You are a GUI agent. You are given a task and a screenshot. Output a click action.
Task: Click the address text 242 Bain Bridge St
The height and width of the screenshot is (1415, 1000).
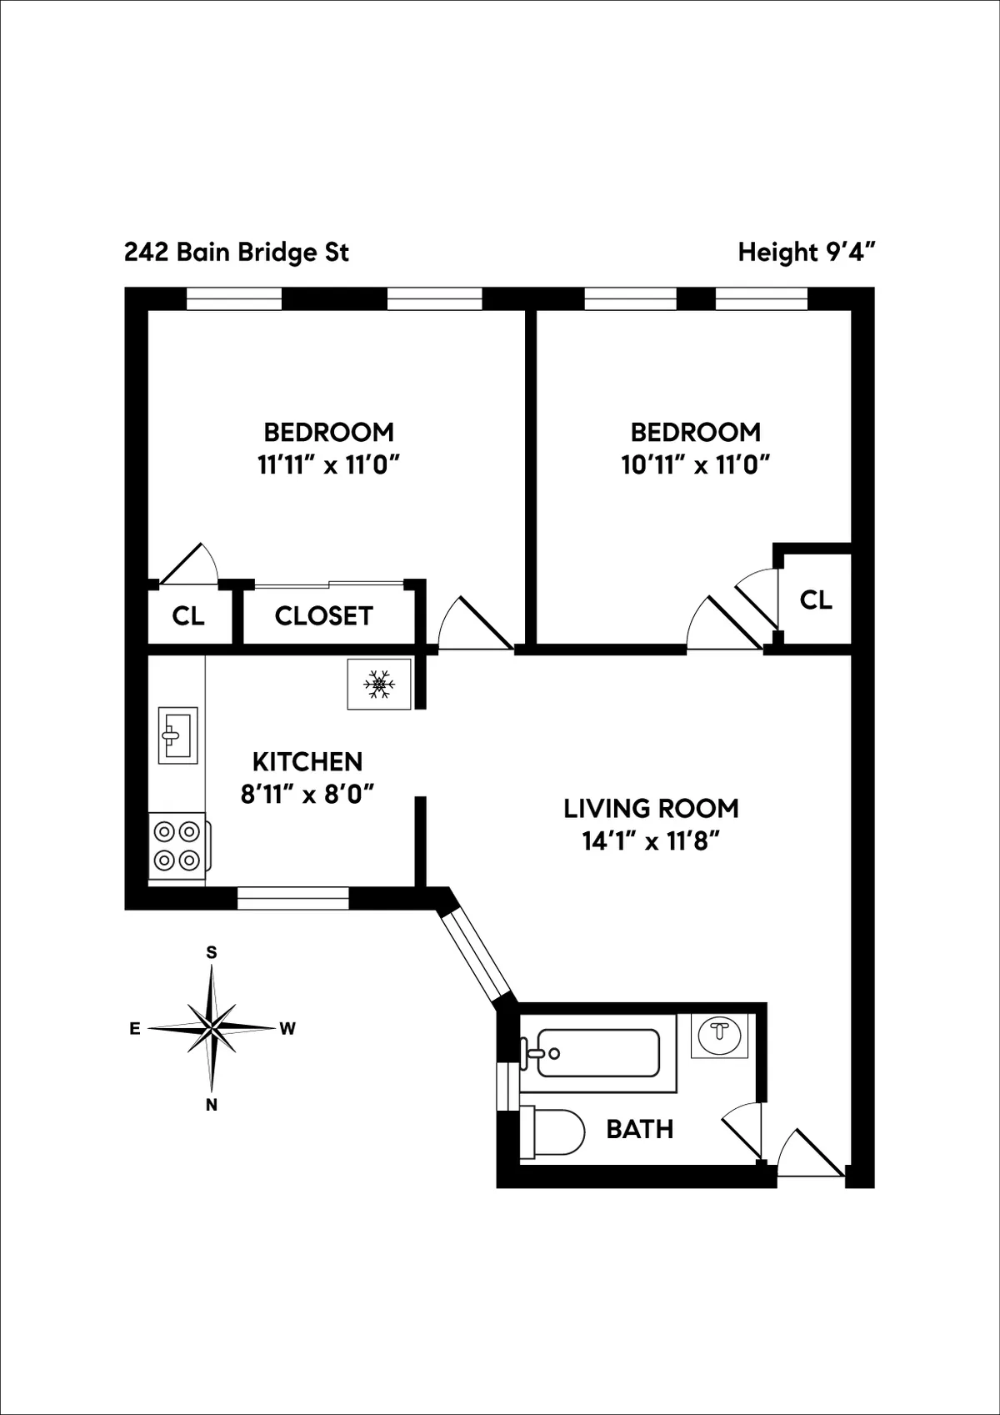click(x=237, y=252)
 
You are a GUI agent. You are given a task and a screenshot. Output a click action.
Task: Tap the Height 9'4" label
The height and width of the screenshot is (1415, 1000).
click(x=806, y=252)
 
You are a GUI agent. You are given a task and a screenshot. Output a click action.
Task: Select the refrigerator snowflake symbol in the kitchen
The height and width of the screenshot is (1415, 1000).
click(x=379, y=684)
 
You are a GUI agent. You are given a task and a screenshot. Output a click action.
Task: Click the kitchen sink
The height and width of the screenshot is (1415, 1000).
click(x=177, y=735)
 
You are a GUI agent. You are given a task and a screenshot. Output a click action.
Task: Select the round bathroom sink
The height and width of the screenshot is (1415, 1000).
click(x=719, y=1035)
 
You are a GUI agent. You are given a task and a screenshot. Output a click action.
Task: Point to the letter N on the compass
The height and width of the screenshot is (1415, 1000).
click(x=212, y=1105)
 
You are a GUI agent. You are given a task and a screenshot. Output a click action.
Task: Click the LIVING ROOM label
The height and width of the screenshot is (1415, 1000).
click(x=651, y=808)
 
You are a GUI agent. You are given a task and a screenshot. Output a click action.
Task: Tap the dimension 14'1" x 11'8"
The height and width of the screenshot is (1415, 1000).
click(x=651, y=841)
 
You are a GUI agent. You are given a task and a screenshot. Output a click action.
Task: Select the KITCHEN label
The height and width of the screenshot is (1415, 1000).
click(x=307, y=761)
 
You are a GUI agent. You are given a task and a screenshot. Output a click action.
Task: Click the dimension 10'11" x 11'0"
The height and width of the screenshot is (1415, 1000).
click(x=695, y=464)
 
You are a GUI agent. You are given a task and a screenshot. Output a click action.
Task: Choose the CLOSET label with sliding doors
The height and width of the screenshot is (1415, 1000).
click(x=323, y=616)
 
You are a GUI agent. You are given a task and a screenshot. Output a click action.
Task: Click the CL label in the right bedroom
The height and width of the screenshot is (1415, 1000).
click(x=815, y=600)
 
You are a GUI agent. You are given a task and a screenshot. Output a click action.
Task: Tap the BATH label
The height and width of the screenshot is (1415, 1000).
click(x=639, y=1129)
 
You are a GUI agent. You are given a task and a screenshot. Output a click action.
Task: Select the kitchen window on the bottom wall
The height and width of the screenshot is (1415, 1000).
click(x=292, y=898)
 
